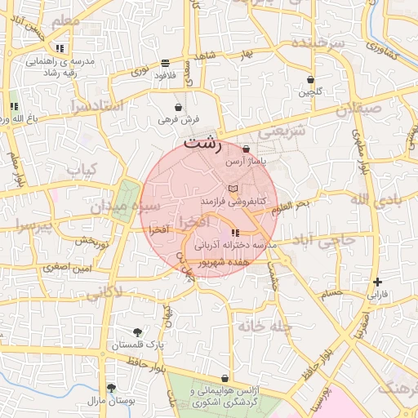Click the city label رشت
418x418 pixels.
[203, 145]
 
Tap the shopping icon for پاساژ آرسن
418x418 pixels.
[247, 149]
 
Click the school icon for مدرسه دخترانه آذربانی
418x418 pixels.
[236, 233]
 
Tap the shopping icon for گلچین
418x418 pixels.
[310, 80]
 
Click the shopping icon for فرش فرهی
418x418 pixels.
[179, 107]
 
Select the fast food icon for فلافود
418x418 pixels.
[166, 63]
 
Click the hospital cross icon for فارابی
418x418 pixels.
[377, 282]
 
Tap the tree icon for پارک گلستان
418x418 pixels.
[137, 332]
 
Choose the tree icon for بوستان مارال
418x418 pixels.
[111, 389]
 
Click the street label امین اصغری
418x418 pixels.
[68, 267]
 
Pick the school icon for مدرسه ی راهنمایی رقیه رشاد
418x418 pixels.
[60, 48]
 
